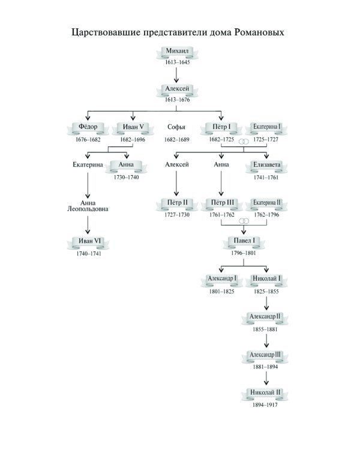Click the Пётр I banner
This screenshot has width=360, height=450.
tap(221, 127)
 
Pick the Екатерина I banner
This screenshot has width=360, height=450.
tap(266, 127)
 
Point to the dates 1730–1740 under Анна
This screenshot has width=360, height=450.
tap(126, 178)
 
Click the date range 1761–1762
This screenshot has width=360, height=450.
tap(221, 214)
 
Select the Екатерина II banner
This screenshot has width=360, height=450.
tap(266, 203)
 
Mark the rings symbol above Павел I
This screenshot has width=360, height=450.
tap(244, 221)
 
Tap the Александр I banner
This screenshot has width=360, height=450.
tap(221, 279)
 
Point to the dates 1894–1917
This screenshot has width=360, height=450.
tap(266, 404)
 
